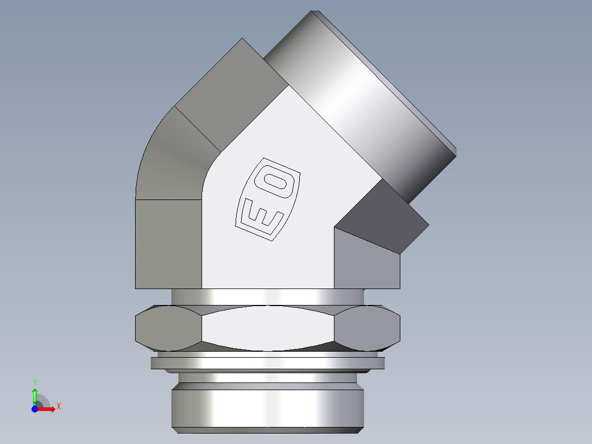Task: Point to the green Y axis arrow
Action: [x=35, y=395]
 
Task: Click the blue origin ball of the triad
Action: [x=35, y=409]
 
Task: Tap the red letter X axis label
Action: [x=58, y=406]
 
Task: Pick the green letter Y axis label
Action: [x=35, y=381]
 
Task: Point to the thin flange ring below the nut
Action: [x=267, y=363]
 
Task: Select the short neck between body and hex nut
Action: [x=267, y=296]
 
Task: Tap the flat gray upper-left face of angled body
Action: [x=231, y=93]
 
